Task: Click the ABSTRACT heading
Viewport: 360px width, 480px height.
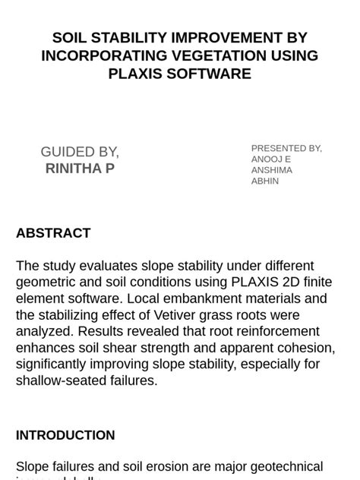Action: pos(53,233)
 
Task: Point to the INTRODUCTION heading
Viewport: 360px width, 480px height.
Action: pos(65,435)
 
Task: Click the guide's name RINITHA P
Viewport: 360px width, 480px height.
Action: pos(80,169)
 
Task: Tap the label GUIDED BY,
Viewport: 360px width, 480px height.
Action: pos(80,152)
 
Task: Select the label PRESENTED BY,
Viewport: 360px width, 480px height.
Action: pos(286,148)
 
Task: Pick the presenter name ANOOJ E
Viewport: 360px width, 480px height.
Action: pos(271,159)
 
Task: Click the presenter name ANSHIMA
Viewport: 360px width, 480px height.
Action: pos(272,170)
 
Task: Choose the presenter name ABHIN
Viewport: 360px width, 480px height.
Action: pos(265,182)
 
